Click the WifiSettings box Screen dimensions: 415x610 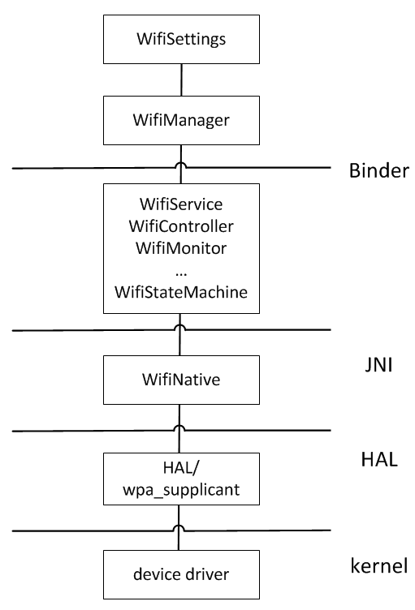coord(181,39)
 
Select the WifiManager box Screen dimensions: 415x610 coord(181,120)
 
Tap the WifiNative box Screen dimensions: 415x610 coord(181,380)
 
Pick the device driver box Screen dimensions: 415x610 coord(181,574)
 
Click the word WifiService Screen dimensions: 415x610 coord(181,204)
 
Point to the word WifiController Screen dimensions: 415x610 coord(181,226)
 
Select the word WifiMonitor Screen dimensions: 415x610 coord(181,248)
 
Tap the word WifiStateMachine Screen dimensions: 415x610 coord(181,292)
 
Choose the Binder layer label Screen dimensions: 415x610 coord(379,171)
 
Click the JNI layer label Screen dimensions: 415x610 coord(378,365)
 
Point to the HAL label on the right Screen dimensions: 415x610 coord(379,459)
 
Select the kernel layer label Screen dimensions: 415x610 coord(379,565)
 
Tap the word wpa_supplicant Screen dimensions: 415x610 coord(181,490)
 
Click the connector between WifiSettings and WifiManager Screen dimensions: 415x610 coord(181,79)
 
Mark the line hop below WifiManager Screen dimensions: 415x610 coord(181,165)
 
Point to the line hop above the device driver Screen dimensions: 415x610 coord(179,527)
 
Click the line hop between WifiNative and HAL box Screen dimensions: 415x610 coord(179,427)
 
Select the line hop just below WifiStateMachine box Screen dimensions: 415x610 coord(179,327)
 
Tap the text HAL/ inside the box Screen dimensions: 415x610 coord(181,468)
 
